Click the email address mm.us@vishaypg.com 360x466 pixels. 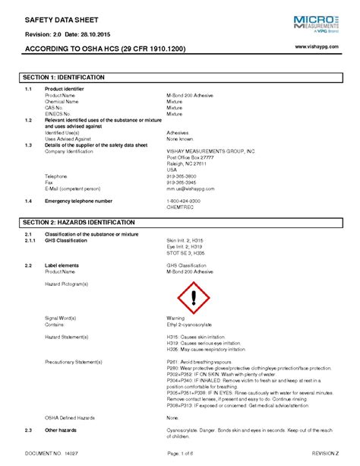[x=191, y=189]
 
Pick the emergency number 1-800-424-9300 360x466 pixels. [x=185, y=201]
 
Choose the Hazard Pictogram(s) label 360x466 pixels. [x=67, y=283]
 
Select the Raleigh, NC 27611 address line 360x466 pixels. [x=186, y=163]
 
